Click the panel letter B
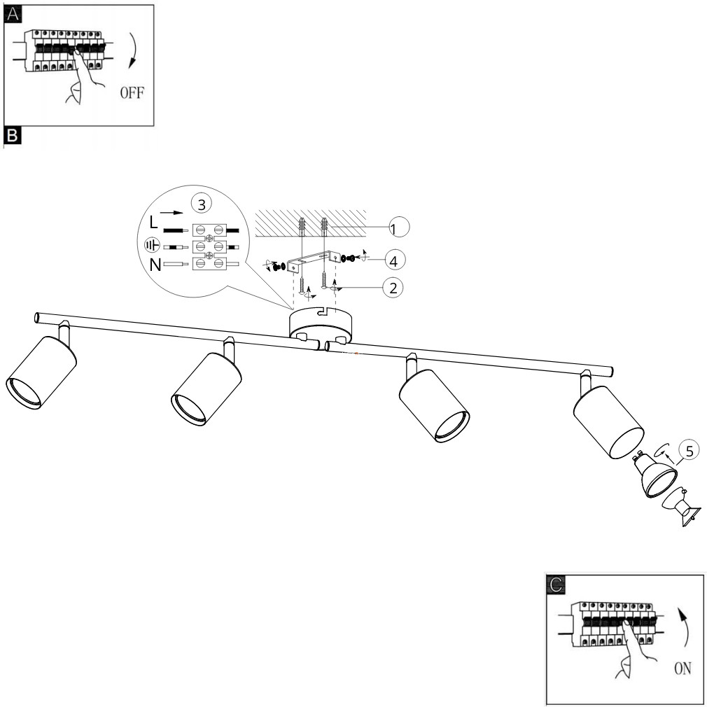point(12,133)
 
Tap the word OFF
point(131,93)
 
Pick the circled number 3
point(200,205)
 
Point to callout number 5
point(689,451)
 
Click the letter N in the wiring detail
point(154,265)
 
